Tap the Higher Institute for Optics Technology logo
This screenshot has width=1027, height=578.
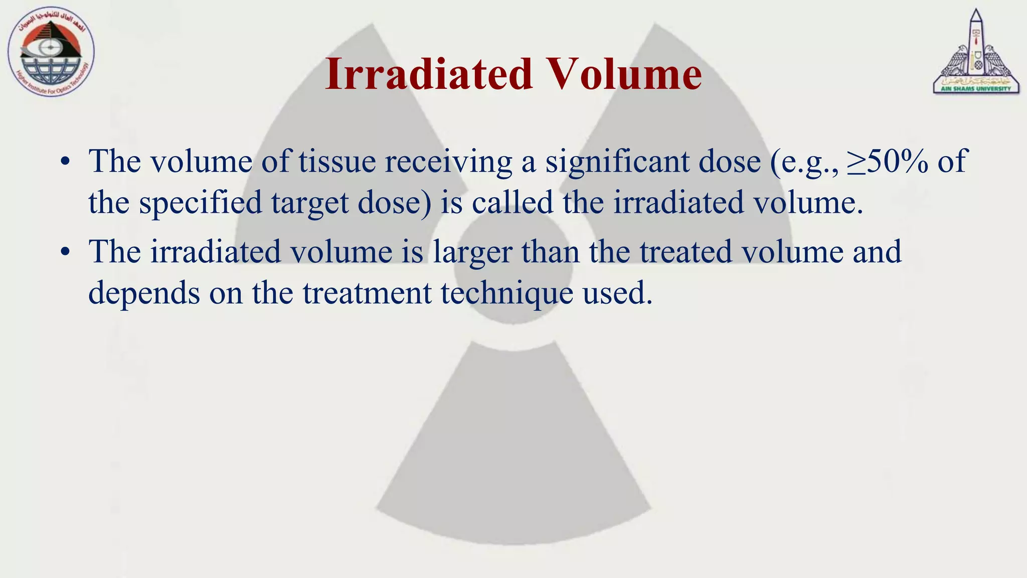(x=51, y=53)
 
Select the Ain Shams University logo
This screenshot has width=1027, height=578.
(x=975, y=52)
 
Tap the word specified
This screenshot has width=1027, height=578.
(x=201, y=203)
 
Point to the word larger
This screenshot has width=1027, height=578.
(x=472, y=252)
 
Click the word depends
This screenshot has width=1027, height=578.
(x=144, y=293)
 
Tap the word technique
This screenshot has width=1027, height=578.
(x=507, y=293)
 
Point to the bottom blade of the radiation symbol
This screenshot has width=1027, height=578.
(x=512, y=452)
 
